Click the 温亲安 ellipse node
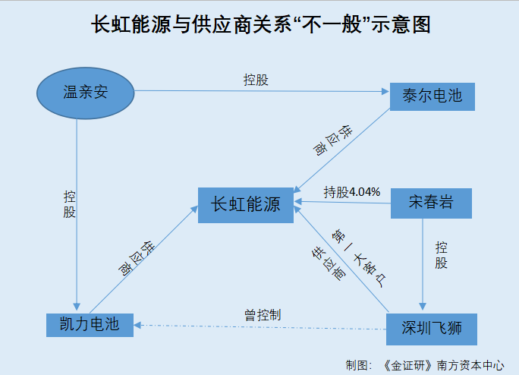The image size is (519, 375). coord(85,93)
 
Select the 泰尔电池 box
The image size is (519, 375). coord(431,96)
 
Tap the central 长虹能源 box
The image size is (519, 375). coord(246,204)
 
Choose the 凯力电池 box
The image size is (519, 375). coord(89,324)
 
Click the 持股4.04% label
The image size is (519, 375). coord(351,191)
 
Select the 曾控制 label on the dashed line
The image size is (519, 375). coord(263,314)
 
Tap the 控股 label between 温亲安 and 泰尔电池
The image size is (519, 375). coord(256,80)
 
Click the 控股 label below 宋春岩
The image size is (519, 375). coord(442,255)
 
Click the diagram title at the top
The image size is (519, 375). coord(260,25)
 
